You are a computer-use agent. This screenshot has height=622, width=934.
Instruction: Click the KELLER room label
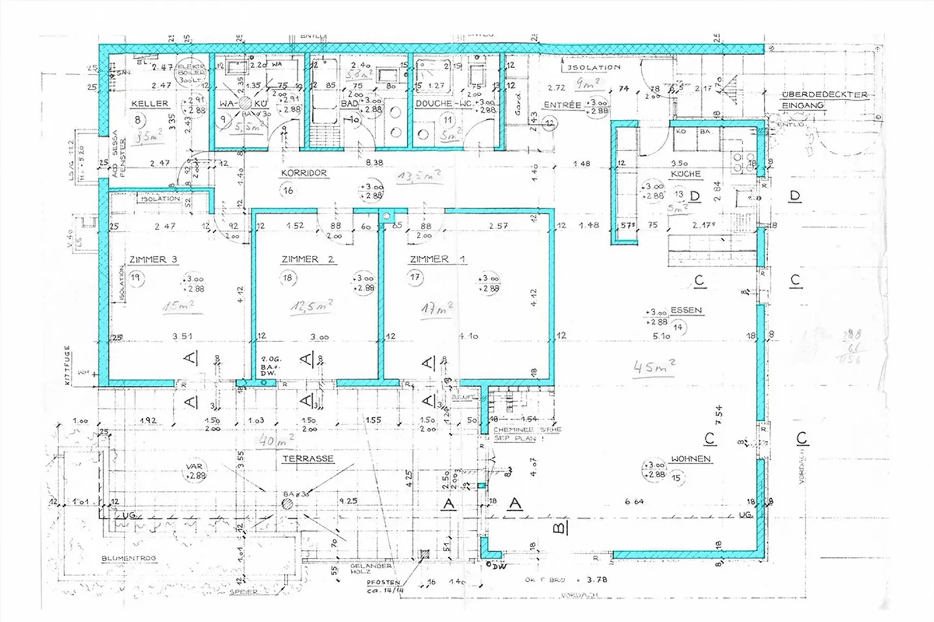coord(150,104)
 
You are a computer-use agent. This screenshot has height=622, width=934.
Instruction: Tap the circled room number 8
coord(138,120)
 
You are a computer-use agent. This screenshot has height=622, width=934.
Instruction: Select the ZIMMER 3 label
coord(153,259)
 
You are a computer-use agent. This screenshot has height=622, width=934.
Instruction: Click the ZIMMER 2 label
coord(307,259)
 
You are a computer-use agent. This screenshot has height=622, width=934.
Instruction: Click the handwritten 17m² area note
coord(437,309)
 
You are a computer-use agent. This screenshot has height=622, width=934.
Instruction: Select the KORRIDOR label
coord(304,174)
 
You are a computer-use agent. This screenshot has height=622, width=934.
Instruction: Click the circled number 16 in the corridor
coord(288,190)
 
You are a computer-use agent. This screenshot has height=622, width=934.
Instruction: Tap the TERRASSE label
coord(307,459)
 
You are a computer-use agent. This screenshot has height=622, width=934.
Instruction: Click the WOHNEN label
coord(691,459)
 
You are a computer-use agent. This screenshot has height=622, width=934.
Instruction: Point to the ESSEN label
coord(686,310)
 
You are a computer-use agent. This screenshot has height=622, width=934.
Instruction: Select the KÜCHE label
coord(686,174)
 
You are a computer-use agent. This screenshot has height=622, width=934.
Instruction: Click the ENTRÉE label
coord(562,105)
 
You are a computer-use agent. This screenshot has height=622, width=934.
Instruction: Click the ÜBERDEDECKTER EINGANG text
coord(824,100)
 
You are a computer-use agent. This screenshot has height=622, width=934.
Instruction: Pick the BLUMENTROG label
coord(128,558)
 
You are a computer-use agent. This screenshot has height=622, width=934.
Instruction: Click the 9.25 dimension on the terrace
coord(348,501)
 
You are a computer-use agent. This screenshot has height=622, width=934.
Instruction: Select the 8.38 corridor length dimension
coord(374,163)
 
